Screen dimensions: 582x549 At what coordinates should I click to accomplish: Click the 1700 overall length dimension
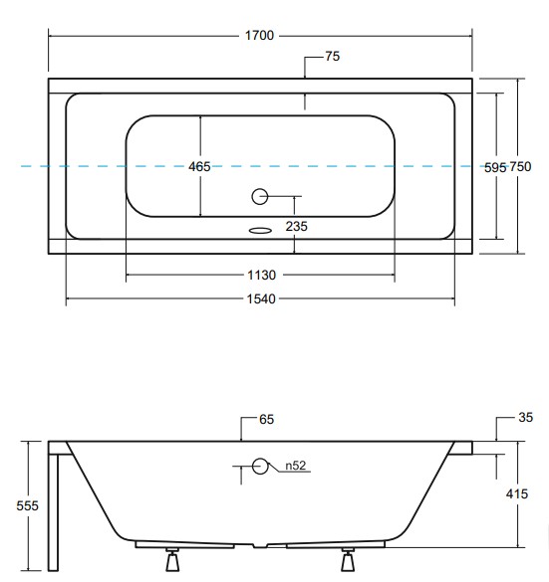(x=260, y=36)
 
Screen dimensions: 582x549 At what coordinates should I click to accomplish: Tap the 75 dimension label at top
(x=333, y=57)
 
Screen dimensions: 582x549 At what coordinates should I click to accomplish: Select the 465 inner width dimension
(x=199, y=167)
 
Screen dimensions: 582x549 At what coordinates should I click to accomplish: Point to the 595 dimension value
(x=495, y=167)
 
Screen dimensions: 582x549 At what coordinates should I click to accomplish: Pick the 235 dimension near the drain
(x=296, y=227)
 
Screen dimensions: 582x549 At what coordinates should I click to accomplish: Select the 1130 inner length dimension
(x=260, y=275)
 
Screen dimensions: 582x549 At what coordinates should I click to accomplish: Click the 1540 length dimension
(x=260, y=298)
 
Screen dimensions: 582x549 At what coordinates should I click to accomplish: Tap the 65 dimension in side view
(x=266, y=421)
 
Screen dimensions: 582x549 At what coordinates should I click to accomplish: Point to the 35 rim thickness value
(x=526, y=419)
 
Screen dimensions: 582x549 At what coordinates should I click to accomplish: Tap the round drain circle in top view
(x=260, y=196)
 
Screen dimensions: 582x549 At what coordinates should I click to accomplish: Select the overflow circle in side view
(x=261, y=465)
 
